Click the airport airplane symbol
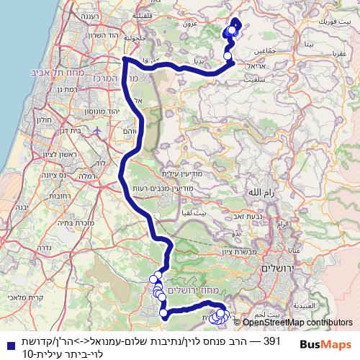[98, 131]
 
